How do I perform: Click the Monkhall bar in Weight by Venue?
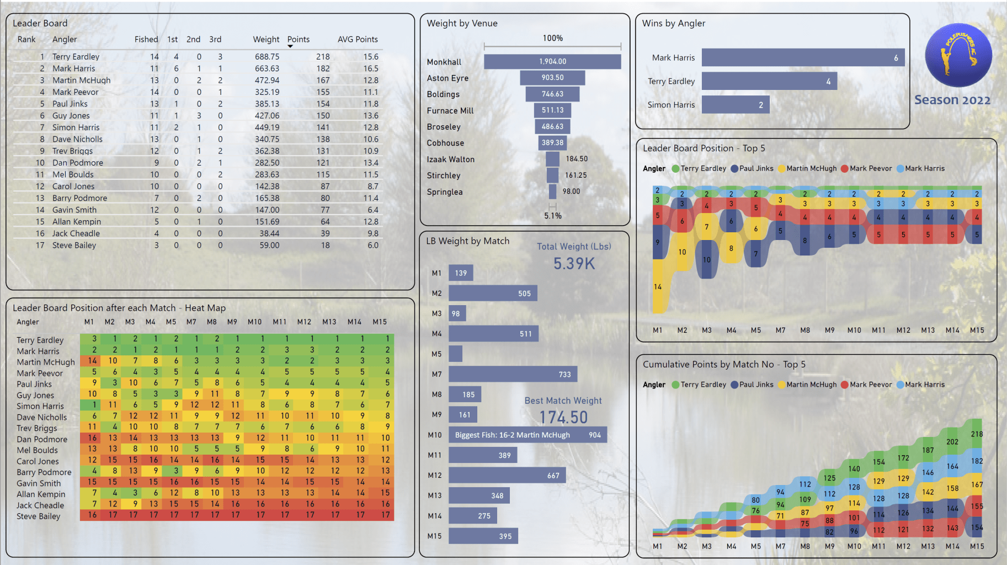click(x=552, y=61)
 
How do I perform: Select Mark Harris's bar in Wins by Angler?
click(x=803, y=57)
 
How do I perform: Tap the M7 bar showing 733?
click(x=513, y=374)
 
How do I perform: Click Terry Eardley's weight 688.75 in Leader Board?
click(x=267, y=57)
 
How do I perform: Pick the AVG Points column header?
click(x=358, y=40)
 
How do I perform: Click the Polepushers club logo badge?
click(x=958, y=56)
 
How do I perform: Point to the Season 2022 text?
click(x=952, y=100)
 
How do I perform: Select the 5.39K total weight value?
click(x=574, y=264)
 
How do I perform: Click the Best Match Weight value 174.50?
click(x=563, y=417)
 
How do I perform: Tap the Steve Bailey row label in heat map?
click(x=39, y=516)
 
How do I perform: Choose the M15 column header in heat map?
click(x=380, y=322)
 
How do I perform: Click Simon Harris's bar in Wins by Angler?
click(x=736, y=105)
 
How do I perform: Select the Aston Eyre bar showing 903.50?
click(x=552, y=78)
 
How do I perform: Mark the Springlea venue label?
click(x=445, y=192)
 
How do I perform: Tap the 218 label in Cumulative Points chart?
click(x=977, y=434)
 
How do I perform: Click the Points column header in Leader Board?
click(x=299, y=40)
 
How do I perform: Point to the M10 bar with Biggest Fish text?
click(x=528, y=435)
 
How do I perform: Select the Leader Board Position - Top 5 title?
click(x=704, y=148)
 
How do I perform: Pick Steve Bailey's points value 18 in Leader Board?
click(x=326, y=246)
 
